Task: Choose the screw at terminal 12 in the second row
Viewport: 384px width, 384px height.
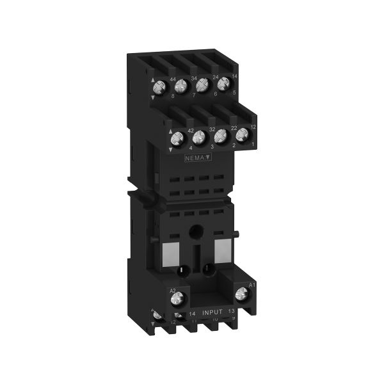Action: click(242, 135)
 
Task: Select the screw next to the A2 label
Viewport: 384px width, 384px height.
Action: click(180, 298)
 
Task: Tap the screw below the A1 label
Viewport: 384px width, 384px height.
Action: click(242, 294)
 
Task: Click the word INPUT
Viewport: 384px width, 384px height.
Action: click(213, 312)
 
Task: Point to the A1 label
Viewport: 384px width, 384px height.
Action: click(252, 284)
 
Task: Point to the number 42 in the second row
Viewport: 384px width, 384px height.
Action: click(191, 131)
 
